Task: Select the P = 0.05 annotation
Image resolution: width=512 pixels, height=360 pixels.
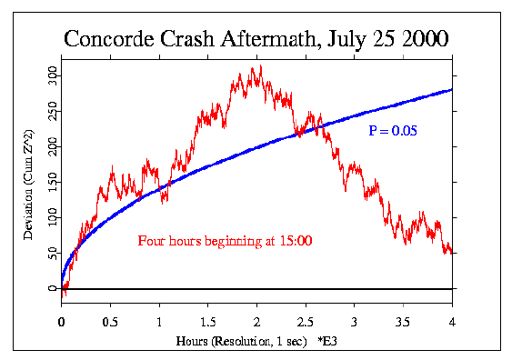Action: pos(393,132)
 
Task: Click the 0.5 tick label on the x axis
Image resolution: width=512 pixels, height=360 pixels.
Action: pos(110,321)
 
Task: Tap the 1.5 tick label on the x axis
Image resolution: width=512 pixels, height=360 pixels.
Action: pos(207,321)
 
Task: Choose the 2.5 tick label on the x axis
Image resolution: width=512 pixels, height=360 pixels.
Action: pos(306,321)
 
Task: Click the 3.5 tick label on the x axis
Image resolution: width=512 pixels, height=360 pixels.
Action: pos(403,321)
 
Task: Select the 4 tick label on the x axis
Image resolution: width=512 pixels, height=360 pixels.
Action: pos(452,321)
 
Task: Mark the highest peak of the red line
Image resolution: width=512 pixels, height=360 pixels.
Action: pos(261,65)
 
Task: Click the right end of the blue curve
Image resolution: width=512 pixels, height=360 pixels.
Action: pos(452,89)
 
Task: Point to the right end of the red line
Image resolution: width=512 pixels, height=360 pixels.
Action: pos(452,252)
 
